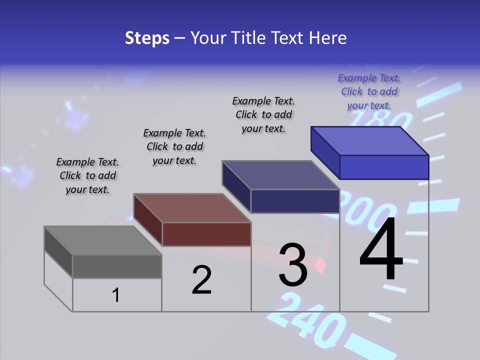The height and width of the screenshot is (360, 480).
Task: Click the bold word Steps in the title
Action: click(x=147, y=38)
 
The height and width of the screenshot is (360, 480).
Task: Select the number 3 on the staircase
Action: click(x=293, y=264)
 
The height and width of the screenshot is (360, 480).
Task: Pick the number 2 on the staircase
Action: click(x=201, y=279)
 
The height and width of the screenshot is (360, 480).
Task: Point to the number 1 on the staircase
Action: click(x=116, y=295)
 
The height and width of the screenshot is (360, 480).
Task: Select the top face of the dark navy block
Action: click(x=280, y=175)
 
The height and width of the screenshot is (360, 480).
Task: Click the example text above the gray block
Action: click(x=87, y=175)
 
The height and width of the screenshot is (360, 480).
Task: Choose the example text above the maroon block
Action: click(x=174, y=146)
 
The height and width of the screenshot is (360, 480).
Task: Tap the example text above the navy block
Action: click(x=263, y=114)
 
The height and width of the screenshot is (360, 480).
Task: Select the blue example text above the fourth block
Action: click(x=369, y=91)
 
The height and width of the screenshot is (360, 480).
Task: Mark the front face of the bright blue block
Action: click(x=384, y=167)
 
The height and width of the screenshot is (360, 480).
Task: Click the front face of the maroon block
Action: click(x=206, y=234)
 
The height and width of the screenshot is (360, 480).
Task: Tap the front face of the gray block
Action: click(x=117, y=266)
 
